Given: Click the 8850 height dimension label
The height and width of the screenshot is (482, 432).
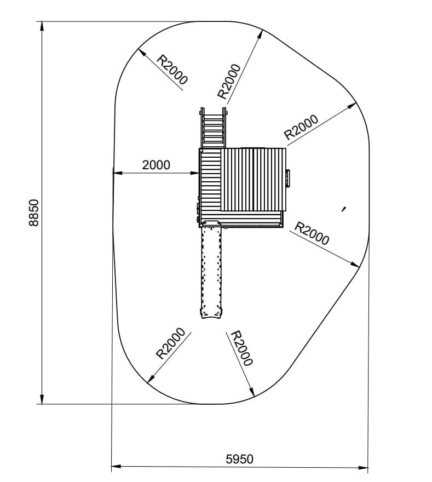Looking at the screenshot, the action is point(34,213).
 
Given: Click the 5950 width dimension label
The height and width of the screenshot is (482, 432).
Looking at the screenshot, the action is point(240,459).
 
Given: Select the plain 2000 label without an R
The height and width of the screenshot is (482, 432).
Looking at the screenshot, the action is point(156,165).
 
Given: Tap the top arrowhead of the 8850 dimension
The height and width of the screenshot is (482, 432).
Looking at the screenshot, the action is point(42,26).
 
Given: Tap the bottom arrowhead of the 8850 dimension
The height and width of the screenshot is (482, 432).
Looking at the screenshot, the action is point(42,399).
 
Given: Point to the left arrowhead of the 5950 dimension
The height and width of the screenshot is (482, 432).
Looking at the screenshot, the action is point(116,466).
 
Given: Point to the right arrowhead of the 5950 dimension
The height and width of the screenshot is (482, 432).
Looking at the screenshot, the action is point(363,468).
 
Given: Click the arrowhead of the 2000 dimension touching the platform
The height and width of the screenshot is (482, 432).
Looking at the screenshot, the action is point(195,173).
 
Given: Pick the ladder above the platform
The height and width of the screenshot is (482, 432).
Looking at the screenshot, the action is point(214,128).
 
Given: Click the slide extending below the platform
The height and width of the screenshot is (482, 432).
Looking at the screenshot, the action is point(211,269).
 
